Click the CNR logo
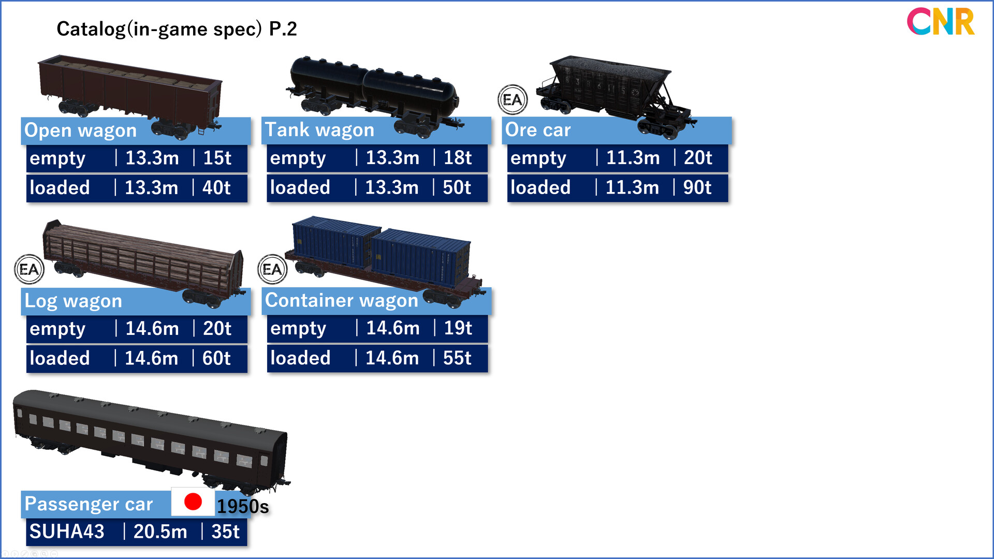tap(940, 22)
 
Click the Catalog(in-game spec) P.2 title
tap(177, 29)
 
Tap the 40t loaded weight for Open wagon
tap(216, 188)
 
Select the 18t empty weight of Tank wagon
tap(458, 158)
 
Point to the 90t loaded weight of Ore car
tap(697, 188)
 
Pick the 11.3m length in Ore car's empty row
tap(633, 158)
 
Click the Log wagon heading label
tap(74, 301)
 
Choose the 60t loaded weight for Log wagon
tap(216, 358)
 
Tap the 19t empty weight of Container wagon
tap(458, 328)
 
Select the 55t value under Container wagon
tap(457, 358)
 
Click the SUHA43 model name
tap(67, 532)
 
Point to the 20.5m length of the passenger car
tap(160, 532)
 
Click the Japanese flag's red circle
tap(193, 502)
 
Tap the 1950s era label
tap(243, 507)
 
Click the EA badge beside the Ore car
tap(513, 99)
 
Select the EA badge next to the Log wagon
tap(29, 269)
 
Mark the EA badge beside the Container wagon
tap(272, 269)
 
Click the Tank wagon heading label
tap(319, 130)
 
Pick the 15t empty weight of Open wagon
tap(217, 158)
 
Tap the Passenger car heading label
tap(89, 504)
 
